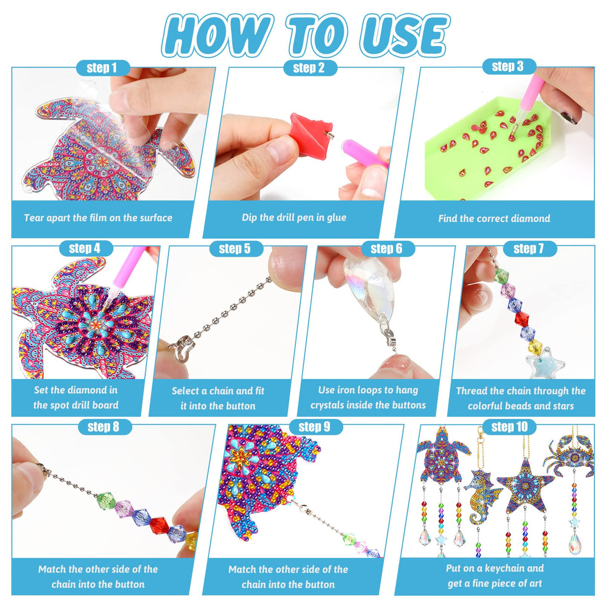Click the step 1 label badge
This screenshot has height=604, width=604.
tap(102, 68)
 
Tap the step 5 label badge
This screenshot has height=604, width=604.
tap(235, 249)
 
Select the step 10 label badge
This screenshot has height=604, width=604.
tap(509, 427)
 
